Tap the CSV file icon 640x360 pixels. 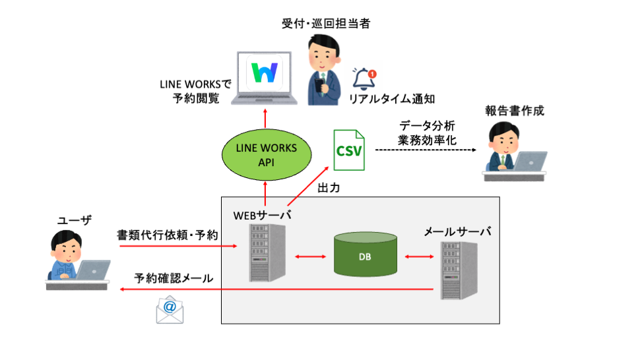pyautogui.click(x=348, y=150)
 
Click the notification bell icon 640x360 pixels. pyautogui.click(x=363, y=79)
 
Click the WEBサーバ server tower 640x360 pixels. pyautogui.click(x=262, y=253)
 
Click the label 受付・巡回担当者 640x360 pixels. pyautogui.click(x=326, y=24)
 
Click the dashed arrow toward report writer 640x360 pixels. pyautogui.click(x=426, y=150)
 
